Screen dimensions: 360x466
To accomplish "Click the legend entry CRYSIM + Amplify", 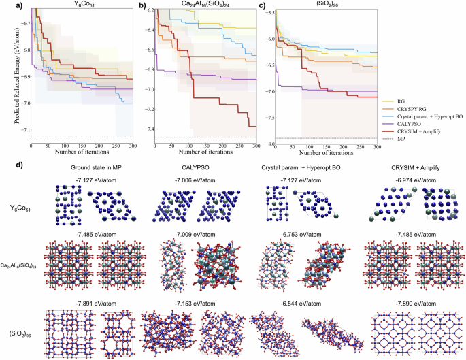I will point(426,129).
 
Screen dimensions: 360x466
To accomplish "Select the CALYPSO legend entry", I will point(418,121).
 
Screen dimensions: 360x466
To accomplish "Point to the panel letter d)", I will point(8,164).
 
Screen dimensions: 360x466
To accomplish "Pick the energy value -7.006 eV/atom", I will point(192,179).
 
